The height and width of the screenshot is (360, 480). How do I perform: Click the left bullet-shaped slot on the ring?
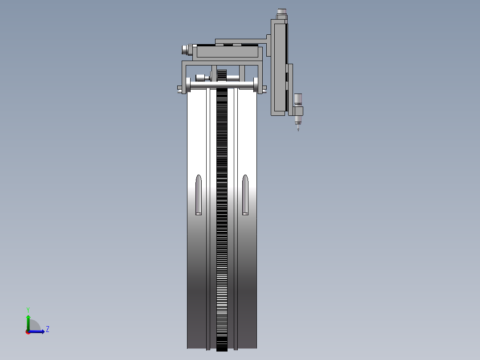point(199,195)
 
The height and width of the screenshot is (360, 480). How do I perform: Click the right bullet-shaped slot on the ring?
point(245,195)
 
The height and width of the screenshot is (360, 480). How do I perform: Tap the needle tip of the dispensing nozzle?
point(298,129)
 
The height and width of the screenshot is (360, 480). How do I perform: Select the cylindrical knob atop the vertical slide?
point(281,11)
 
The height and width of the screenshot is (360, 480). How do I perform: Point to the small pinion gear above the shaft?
point(223,75)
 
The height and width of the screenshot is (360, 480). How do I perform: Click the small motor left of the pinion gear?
point(203,78)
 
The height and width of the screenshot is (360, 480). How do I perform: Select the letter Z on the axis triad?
point(47,329)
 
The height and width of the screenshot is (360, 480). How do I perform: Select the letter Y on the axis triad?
point(28,309)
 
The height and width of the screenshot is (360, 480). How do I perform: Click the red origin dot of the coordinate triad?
point(28,331)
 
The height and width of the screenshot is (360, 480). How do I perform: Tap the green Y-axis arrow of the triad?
point(28,321)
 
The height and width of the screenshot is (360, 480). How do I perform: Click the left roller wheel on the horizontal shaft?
point(188,85)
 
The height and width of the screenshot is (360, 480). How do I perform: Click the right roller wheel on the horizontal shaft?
point(256,85)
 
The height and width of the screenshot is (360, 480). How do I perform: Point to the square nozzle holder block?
point(298,110)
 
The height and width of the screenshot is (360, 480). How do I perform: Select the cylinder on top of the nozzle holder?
point(298,98)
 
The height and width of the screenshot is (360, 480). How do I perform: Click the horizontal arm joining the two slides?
point(240,41)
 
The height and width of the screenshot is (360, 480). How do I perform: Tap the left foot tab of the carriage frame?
point(180,89)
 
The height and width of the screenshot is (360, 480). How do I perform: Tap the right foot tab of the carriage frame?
point(264,89)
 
